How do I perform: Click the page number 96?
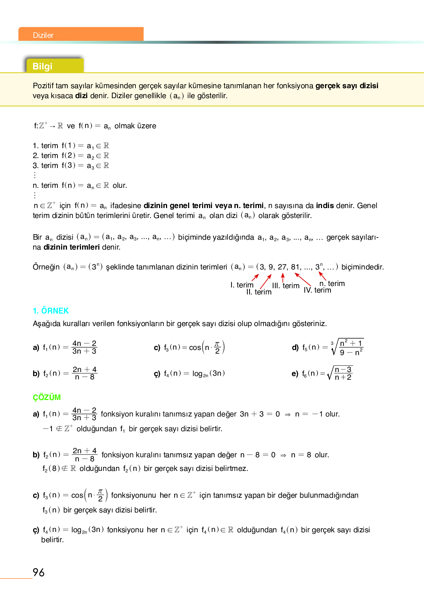click(x=39, y=572)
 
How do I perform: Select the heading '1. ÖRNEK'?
click(x=51, y=311)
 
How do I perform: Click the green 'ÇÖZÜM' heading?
click(x=47, y=397)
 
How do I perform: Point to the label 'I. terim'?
click(x=242, y=285)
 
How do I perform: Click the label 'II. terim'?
click(x=259, y=292)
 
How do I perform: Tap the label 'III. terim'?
click(x=286, y=286)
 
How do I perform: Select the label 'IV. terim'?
click(x=317, y=290)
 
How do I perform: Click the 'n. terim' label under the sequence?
click(x=332, y=283)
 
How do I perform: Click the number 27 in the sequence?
click(x=282, y=267)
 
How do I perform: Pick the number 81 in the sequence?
click(x=296, y=267)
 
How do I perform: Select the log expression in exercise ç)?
click(x=208, y=373)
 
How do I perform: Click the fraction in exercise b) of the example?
click(x=85, y=373)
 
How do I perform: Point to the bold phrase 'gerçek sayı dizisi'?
click(x=347, y=86)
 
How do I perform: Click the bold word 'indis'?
click(x=325, y=205)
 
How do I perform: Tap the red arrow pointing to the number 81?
click(x=303, y=279)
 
